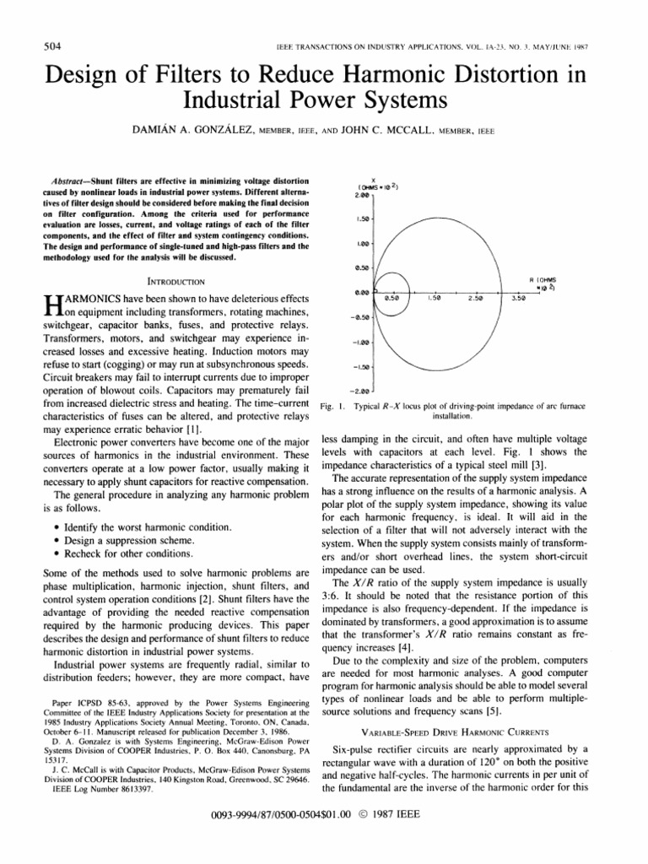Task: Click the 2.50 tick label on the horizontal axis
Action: point(476,298)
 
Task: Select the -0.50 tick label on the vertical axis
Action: point(360,318)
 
